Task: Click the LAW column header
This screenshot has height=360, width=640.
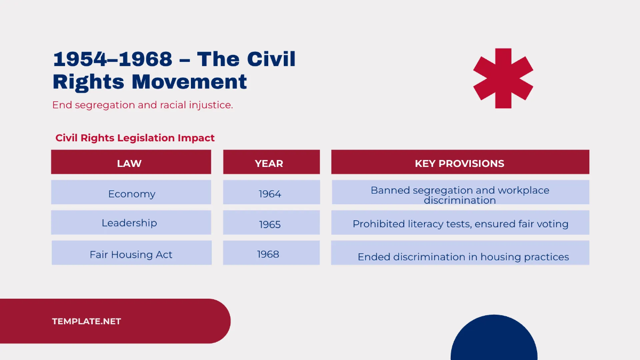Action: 131,162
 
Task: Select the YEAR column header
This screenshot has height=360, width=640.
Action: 271,162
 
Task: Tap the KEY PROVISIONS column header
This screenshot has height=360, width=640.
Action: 460,162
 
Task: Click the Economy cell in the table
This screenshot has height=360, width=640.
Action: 131,193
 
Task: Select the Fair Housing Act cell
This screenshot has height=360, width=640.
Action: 131,253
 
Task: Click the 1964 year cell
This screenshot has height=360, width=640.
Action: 271,193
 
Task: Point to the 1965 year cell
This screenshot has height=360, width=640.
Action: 271,223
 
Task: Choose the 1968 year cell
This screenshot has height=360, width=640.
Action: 271,253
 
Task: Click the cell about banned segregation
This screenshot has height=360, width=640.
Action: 460,193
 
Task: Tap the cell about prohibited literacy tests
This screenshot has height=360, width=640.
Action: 460,223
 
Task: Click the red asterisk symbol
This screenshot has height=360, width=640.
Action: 503,78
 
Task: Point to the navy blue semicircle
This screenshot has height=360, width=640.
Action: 494,341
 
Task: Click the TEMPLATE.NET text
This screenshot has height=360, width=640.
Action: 86,322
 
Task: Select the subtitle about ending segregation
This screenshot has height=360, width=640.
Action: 142,105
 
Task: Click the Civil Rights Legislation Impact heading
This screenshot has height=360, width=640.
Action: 135,138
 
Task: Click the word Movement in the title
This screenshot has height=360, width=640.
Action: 189,82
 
